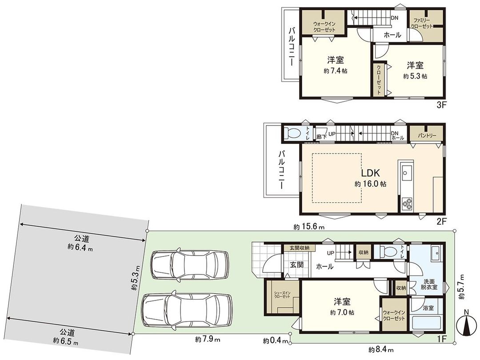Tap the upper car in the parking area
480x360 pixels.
(190, 265)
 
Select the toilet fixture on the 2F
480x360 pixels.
(293, 133)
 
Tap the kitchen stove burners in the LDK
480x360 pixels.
(408, 204)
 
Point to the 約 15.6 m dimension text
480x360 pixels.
(309, 227)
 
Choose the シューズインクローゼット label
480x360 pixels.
(282, 296)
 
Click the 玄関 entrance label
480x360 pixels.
(296, 265)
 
